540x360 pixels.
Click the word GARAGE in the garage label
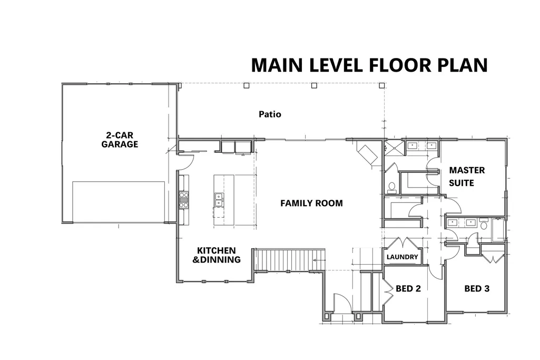pos(120,144)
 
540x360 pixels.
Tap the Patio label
pos(270,114)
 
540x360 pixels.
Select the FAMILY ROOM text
pos(311,203)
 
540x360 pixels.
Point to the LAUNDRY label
pos(402,257)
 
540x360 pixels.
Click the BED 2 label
pos(408,288)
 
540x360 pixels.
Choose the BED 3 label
pos(477,289)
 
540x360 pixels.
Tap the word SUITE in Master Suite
pos(462,183)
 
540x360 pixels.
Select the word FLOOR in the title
pos(400,65)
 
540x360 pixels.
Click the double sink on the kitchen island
pos(219,200)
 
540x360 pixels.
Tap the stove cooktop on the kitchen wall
pos(184,200)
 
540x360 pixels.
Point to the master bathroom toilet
pos(391,187)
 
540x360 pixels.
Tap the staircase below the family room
pos(289,260)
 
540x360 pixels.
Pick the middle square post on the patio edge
pos(314,85)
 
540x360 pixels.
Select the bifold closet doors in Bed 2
pos(388,289)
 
